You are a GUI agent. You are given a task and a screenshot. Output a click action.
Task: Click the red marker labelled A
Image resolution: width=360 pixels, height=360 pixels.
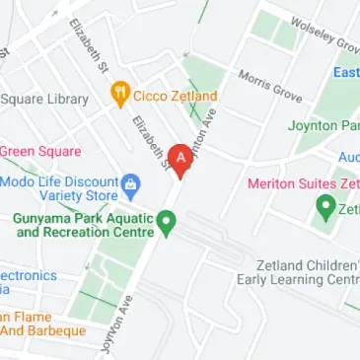click(x=180, y=159)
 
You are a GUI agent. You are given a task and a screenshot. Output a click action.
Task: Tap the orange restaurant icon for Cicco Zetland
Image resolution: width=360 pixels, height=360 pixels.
click(x=120, y=95)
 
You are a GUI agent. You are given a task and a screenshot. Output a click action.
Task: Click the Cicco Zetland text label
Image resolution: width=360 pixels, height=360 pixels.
click(x=176, y=96)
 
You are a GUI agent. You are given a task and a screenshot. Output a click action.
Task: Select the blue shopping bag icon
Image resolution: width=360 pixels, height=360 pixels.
click(x=131, y=183)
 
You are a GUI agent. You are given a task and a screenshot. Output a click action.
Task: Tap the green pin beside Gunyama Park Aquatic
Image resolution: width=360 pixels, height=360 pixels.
click(x=168, y=223)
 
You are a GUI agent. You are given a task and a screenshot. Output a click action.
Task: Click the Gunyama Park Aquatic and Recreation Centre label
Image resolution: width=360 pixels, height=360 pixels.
click(x=83, y=225)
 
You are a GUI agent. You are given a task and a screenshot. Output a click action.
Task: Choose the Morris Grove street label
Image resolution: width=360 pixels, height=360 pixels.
click(x=269, y=85)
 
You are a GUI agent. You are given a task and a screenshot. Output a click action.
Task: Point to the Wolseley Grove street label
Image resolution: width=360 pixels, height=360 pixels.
click(x=324, y=35)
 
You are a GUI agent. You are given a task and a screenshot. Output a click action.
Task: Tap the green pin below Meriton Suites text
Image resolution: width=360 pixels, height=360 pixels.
click(x=324, y=207)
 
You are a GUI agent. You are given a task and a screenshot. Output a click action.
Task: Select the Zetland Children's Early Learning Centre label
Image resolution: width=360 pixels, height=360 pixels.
click(x=297, y=273)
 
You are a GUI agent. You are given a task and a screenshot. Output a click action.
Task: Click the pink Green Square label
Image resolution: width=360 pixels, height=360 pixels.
click(x=39, y=152)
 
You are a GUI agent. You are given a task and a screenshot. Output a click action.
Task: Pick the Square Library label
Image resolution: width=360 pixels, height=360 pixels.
click(x=44, y=99)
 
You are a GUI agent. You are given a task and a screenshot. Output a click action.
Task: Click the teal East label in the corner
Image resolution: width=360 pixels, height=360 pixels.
click(x=345, y=73)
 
